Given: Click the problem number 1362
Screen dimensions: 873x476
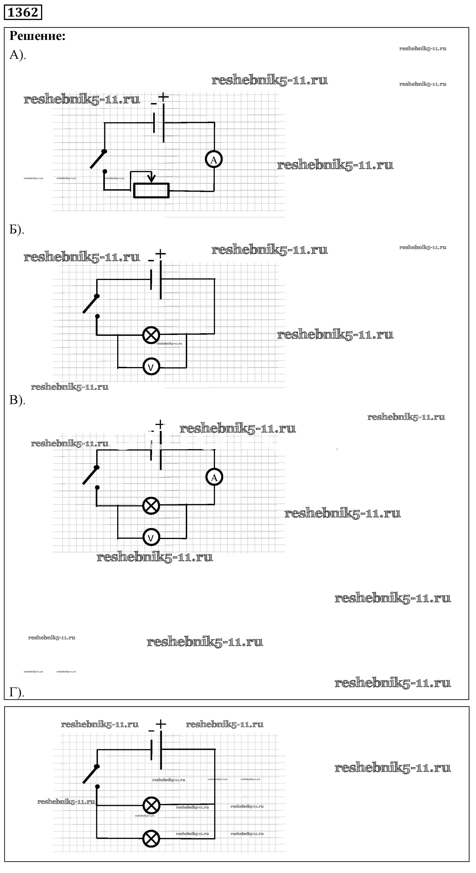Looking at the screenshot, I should tap(23, 12).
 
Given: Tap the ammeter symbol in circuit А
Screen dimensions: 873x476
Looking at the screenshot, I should tap(214, 160).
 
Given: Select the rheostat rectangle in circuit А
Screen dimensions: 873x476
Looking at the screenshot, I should tap(151, 190).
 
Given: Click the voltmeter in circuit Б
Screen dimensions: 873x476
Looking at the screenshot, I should tap(151, 367).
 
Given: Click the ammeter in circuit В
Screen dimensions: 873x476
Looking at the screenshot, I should tap(214, 477).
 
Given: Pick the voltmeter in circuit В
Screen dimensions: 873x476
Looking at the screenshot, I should tap(151, 537).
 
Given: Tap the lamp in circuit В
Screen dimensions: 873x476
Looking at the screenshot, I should tap(151, 506).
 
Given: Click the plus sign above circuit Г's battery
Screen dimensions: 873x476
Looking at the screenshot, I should tap(161, 724).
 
